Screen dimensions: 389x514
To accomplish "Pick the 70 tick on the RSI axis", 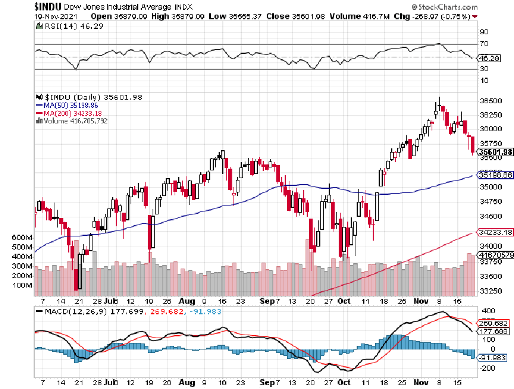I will (484, 44).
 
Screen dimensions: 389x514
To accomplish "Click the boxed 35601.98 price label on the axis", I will (495, 152).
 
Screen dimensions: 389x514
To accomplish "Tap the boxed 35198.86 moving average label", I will (495, 175).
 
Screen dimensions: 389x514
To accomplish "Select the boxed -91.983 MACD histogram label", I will (493, 357).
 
